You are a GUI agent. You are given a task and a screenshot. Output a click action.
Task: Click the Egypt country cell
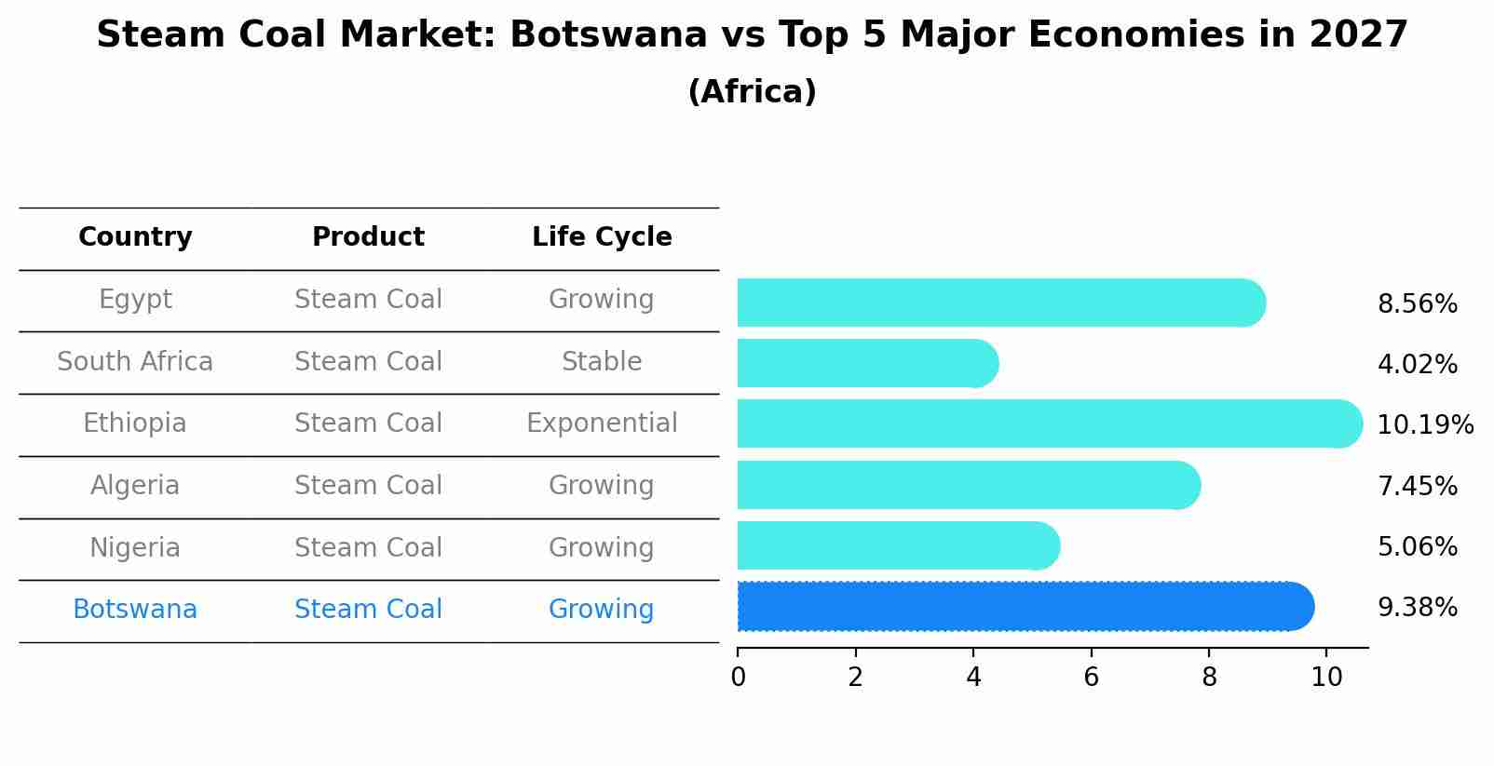point(135,300)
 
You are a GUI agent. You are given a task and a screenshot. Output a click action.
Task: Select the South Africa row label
point(135,362)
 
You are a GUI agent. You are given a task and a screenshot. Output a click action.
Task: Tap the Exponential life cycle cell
point(602,423)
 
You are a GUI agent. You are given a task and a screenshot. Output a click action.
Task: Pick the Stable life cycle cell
point(602,362)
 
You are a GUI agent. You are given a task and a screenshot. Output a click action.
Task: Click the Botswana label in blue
point(135,610)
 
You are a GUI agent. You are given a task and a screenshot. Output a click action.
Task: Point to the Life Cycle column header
point(602,237)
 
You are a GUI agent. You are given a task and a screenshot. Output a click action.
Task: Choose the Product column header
point(368,237)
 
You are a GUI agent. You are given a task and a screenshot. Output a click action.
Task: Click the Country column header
point(135,237)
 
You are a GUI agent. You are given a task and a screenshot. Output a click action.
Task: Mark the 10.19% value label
point(1424,425)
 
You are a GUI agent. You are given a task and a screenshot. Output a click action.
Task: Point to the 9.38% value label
point(1417,608)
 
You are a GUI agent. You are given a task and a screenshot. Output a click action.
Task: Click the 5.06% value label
point(1417,547)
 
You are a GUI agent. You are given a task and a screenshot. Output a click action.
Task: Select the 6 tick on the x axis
point(1091,678)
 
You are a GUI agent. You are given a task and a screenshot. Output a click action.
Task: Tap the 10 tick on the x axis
point(1326,678)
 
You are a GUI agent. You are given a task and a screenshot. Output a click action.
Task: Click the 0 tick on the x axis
point(738,678)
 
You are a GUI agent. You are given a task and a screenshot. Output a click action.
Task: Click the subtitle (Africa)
point(752,92)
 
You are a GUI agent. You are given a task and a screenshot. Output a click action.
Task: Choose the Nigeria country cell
point(135,548)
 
